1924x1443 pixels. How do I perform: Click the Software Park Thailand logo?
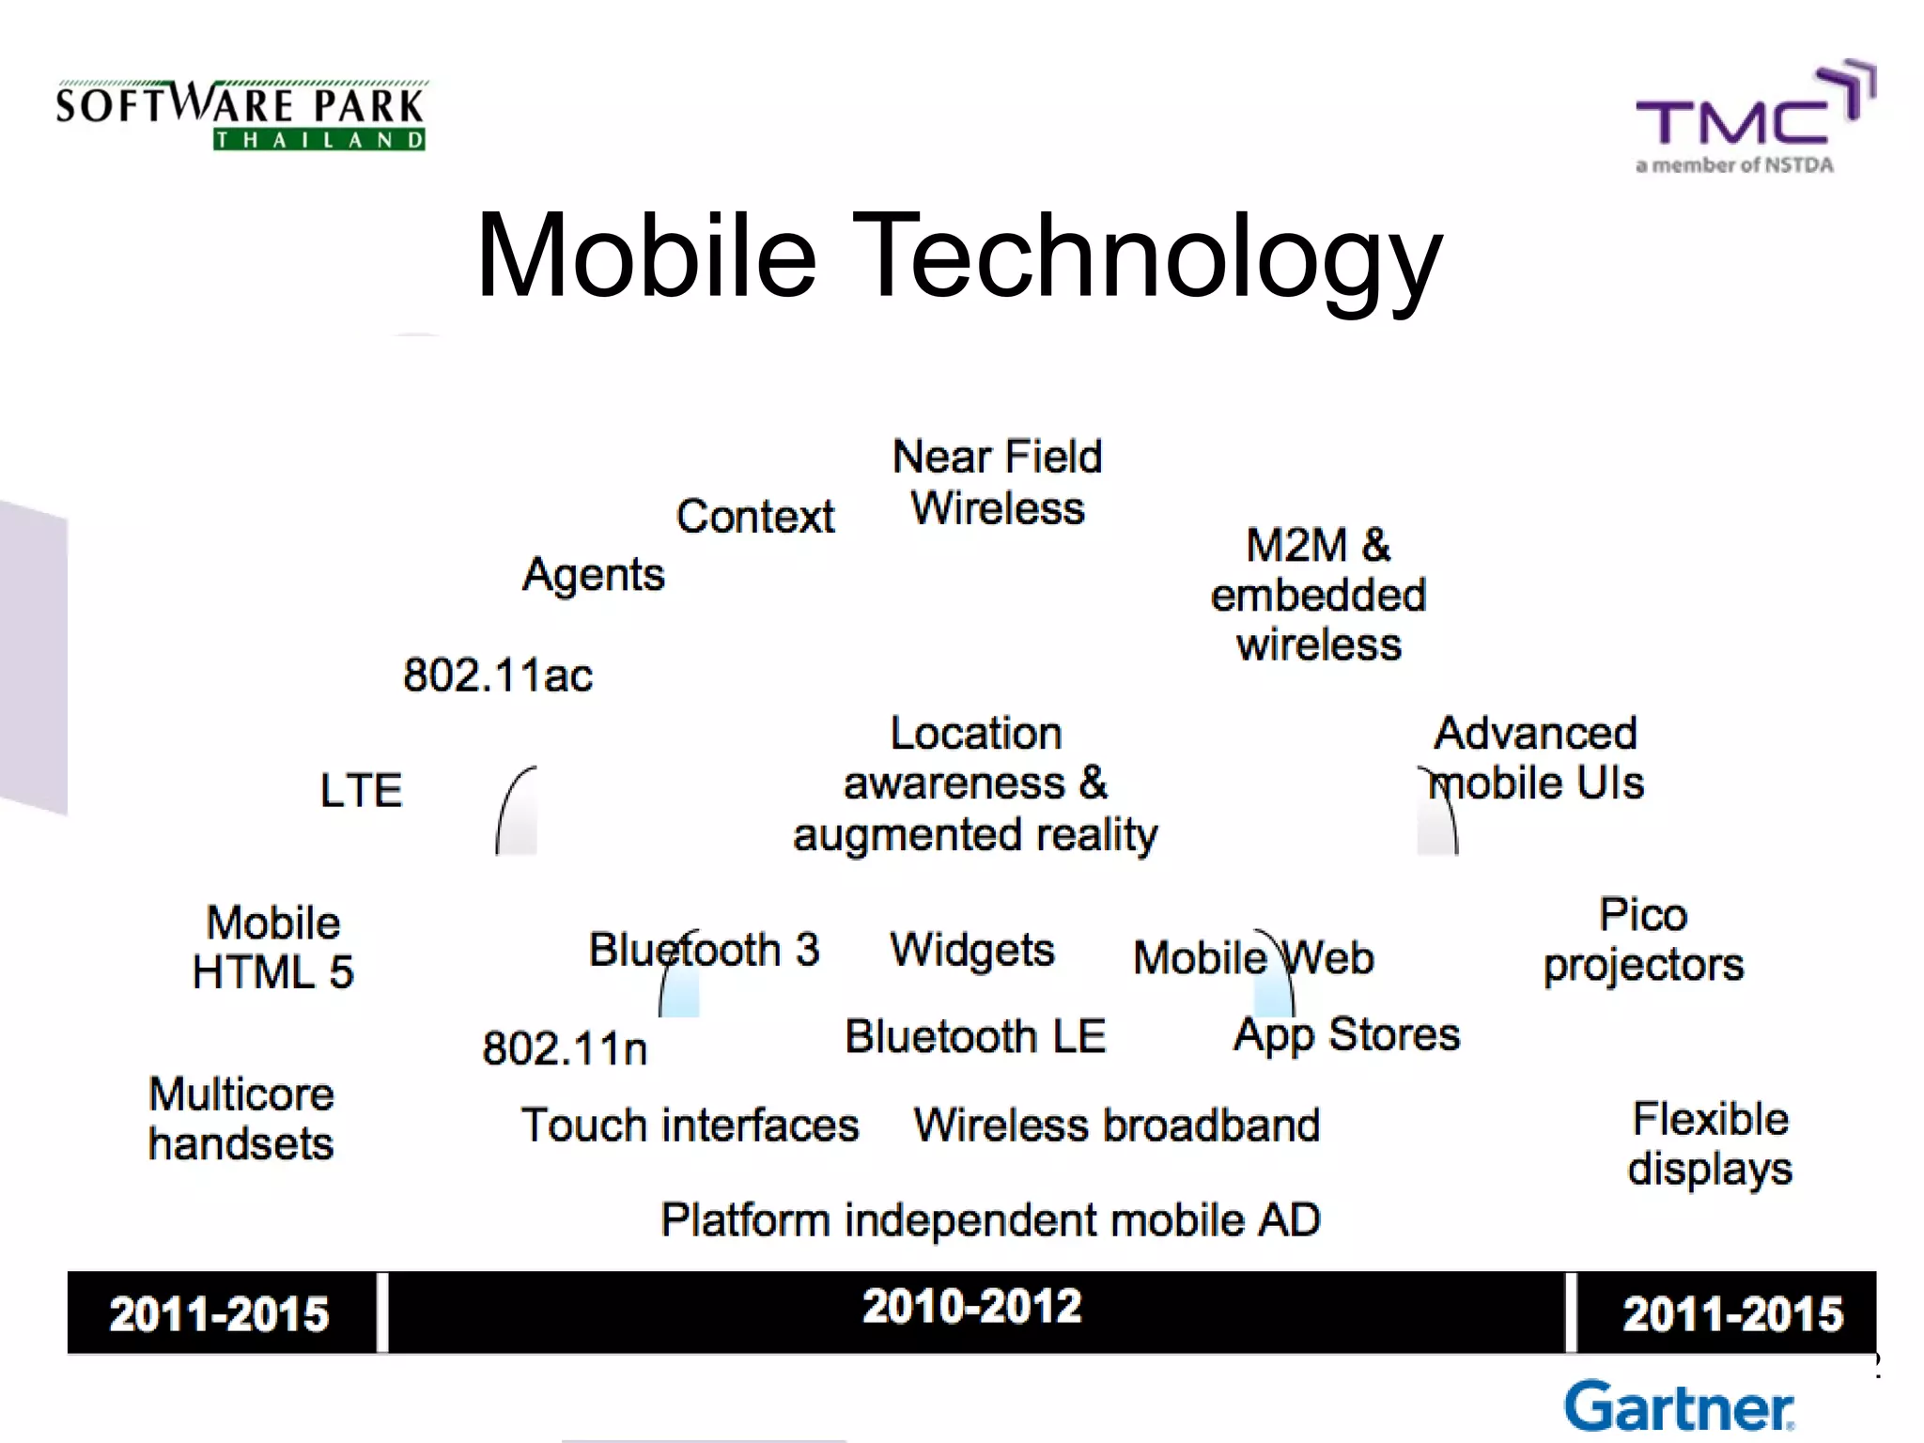click(x=240, y=116)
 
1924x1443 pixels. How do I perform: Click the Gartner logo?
click(x=1679, y=1407)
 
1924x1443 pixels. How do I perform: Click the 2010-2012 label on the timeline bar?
click(x=971, y=1307)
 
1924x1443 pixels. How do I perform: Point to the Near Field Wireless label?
click(x=997, y=482)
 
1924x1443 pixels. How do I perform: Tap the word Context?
click(x=754, y=516)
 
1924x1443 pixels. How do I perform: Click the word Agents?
click(x=593, y=574)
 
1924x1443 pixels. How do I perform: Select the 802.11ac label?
click(x=498, y=675)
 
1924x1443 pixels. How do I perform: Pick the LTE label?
click(x=361, y=790)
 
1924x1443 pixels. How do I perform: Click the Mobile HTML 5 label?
click(x=272, y=947)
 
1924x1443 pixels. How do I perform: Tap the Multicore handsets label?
click(x=241, y=1119)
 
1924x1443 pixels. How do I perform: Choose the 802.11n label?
click(x=565, y=1048)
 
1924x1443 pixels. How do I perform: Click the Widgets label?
click(x=972, y=950)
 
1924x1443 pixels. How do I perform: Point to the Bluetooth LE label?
click(x=975, y=1036)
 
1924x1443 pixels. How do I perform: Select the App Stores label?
click(x=1346, y=1035)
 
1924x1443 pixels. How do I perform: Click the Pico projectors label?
click(x=1643, y=939)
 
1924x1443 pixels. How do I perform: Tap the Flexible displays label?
click(x=1710, y=1143)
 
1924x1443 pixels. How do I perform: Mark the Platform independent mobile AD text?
click(x=990, y=1220)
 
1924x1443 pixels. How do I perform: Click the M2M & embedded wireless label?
click(x=1318, y=595)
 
